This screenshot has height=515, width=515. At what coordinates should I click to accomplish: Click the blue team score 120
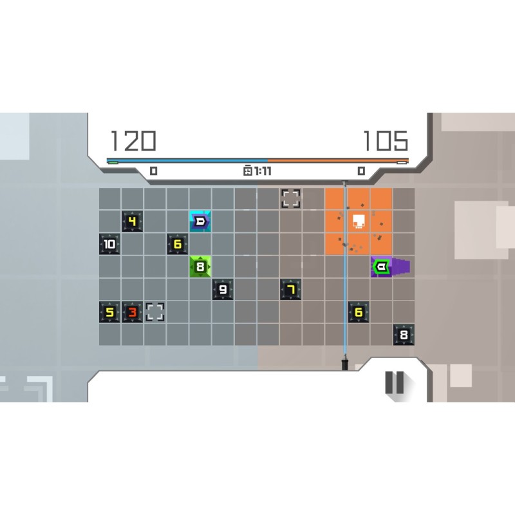(x=133, y=141)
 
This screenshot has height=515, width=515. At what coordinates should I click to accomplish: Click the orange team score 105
(x=385, y=141)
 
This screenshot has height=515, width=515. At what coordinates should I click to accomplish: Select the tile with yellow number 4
(x=133, y=221)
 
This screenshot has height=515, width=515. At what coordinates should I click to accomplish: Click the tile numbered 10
(x=109, y=244)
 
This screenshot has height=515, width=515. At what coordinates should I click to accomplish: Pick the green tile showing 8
(x=200, y=267)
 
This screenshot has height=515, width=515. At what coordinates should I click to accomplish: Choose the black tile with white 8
(x=404, y=334)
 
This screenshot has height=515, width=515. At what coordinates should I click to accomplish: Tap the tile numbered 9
(x=223, y=289)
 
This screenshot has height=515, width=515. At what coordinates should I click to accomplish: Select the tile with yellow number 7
(x=291, y=289)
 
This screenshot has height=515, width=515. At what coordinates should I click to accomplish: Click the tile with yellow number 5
(x=109, y=312)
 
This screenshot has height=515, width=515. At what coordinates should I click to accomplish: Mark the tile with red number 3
(x=133, y=312)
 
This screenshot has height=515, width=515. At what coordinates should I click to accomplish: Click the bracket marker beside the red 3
(x=154, y=312)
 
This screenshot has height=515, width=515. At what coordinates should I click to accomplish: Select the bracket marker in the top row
(x=291, y=198)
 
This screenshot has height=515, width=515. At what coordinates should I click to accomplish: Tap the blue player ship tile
(x=200, y=221)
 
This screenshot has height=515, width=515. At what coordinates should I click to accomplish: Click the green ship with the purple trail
(x=381, y=267)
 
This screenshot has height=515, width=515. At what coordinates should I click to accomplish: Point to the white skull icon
(x=359, y=222)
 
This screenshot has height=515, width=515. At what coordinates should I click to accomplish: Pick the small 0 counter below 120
(x=153, y=171)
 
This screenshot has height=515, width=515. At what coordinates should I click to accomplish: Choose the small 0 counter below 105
(x=361, y=171)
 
